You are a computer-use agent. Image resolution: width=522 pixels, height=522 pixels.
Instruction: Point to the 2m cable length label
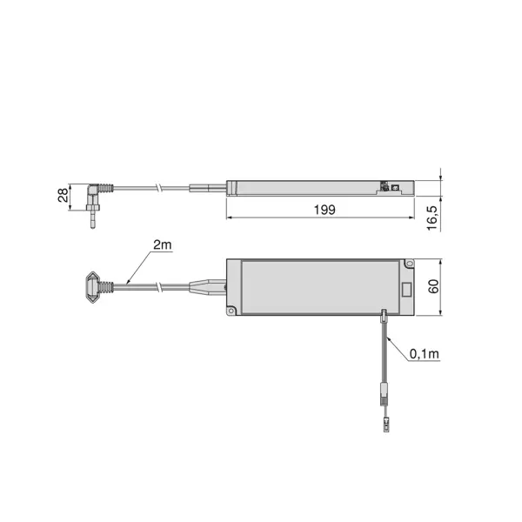[161, 246]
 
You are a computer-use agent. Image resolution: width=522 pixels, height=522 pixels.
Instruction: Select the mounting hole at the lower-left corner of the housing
[231, 310]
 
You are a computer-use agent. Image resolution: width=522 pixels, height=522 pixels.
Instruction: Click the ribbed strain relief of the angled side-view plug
[104, 188]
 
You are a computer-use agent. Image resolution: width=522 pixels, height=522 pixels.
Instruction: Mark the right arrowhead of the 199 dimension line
[412, 219]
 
